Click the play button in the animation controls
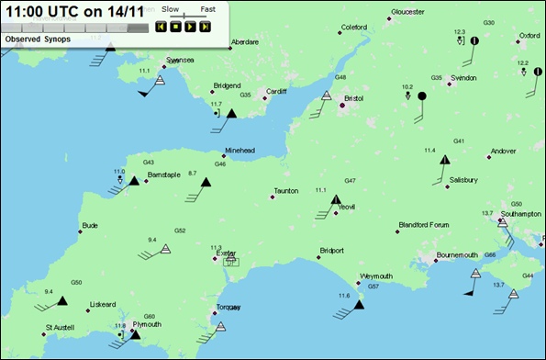click(x=190, y=27)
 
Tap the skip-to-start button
click(x=161, y=27)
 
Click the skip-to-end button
click(x=205, y=27)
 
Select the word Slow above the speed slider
click(x=170, y=8)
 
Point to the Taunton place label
click(x=286, y=191)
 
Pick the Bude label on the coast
click(x=89, y=225)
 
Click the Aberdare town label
click(x=245, y=42)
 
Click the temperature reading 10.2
click(x=407, y=86)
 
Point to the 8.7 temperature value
click(x=193, y=173)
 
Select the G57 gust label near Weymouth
click(x=373, y=287)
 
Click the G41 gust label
click(x=459, y=141)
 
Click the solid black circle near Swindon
click(x=422, y=96)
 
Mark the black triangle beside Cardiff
click(x=231, y=113)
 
